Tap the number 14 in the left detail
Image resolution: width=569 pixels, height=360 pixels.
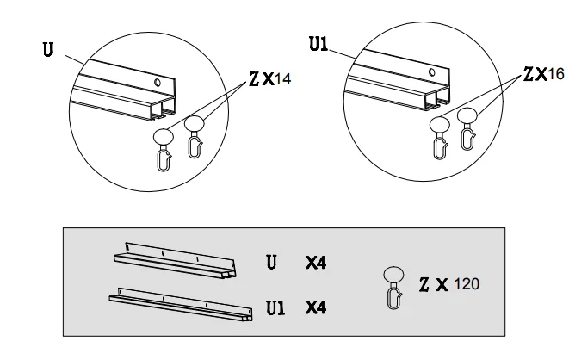(x=282, y=79)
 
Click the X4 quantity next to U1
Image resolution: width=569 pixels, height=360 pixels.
(x=316, y=307)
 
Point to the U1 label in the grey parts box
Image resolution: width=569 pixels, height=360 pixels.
(x=275, y=307)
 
